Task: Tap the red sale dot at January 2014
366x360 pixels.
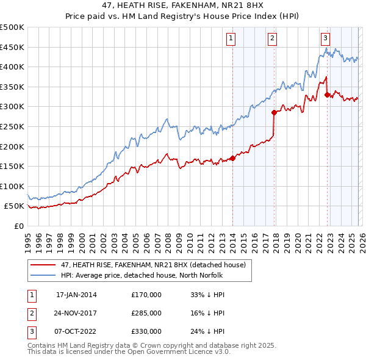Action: point(232,159)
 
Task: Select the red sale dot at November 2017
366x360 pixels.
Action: point(274,112)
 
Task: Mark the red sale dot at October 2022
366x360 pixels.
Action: point(328,95)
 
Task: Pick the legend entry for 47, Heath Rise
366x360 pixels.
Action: point(152,265)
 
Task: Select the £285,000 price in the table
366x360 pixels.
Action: point(146,313)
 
